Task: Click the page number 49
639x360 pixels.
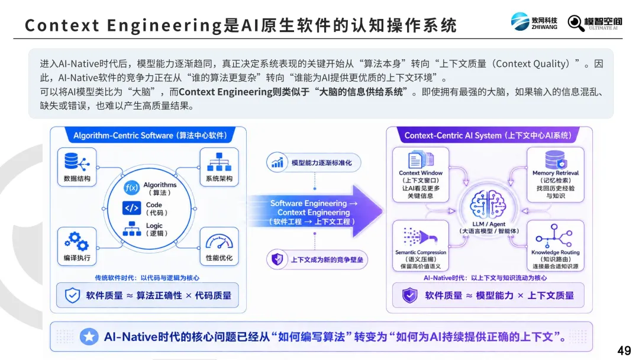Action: pyautogui.click(x=624, y=350)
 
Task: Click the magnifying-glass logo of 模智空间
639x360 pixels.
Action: pyautogui.click(x=576, y=23)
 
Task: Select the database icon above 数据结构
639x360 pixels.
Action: pyautogui.click(x=76, y=162)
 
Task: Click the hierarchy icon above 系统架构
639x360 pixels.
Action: pyautogui.click(x=220, y=162)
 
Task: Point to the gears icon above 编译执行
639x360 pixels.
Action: pyautogui.click(x=76, y=241)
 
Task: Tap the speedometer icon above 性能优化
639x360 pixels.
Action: pyautogui.click(x=220, y=242)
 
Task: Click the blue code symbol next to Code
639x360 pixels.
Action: pyautogui.click(x=131, y=208)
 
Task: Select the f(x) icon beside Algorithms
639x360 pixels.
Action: pyautogui.click(x=131, y=188)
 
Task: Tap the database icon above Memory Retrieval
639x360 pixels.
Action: pyautogui.click(x=556, y=159)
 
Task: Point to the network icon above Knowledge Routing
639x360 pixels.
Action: pyautogui.click(x=554, y=235)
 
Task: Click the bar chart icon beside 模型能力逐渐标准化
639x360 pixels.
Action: pyautogui.click(x=277, y=163)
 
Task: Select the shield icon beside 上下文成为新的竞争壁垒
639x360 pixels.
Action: pyautogui.click(x=277, y=259)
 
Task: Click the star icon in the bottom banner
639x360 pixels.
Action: pyautogui.click(x=89, y=337)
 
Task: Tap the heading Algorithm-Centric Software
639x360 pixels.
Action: pyautogui.click(x=123, y=136)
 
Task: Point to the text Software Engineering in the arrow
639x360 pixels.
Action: pyautogui.click(x=308, y=203)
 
